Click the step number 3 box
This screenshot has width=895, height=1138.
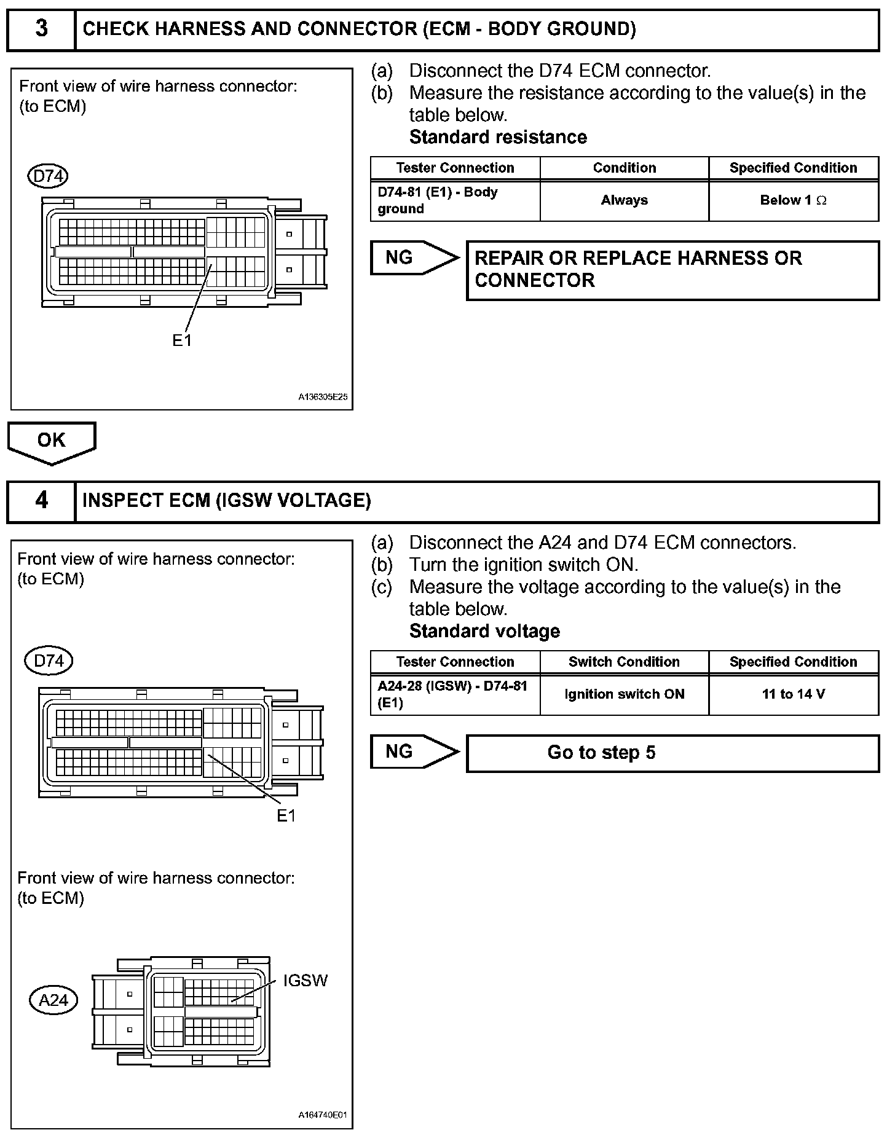[x=41, y=29]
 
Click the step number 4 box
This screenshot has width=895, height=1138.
[x=41, y=501]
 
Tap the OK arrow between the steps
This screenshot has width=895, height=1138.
[x=52, y=441]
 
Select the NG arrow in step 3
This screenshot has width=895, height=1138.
[x=414, y=257]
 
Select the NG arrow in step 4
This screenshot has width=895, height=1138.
[x=414, y=751]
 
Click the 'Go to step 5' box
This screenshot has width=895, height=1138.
[x=672, y=753]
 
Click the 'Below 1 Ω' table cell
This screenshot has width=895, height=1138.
[x=793, y=200]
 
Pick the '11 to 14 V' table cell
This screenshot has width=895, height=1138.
[x=793, y=694]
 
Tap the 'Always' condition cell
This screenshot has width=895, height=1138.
[x=624, y=200]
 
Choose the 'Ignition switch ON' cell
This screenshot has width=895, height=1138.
[x=624, y=694]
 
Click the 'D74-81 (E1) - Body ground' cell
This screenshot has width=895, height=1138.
[x=455, y=200]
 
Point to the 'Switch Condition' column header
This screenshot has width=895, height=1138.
[x=624, y=662]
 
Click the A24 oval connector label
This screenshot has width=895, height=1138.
[x=53, y=1000]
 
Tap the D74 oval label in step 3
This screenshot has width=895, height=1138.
[x=48, y=176]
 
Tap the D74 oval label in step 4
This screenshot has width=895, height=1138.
[x=49, y=661]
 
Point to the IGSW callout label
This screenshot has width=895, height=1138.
[x=305, y=981]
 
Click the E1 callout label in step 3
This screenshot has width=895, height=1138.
[x=182, y=340]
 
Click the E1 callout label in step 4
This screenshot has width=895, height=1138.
[x=286, y=815]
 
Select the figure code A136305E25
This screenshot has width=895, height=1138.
[x=323, y=397]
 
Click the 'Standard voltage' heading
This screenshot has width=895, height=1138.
[x=484, y=631]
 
